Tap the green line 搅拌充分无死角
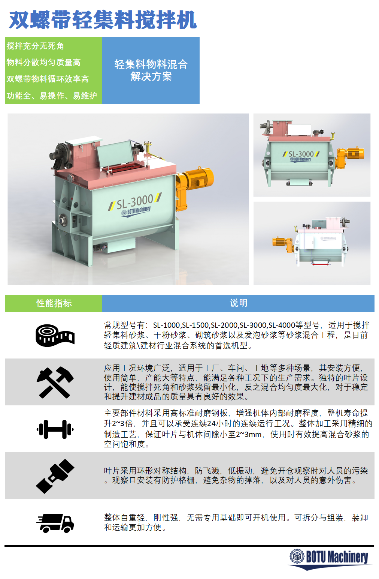point(35,46)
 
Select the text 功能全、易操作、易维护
point(52,96)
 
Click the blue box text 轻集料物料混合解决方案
point(151,70)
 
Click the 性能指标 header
point(54,303)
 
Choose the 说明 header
point(238,303)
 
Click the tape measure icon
point(55,336)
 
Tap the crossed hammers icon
point(55,382)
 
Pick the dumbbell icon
point(55,429)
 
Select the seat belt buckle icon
point(55,476)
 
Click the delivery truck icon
point(55,523)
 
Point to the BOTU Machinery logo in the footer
point(330,559)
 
